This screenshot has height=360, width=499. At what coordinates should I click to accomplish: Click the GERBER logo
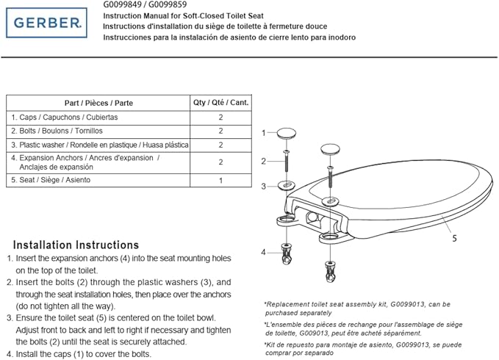point(46,23)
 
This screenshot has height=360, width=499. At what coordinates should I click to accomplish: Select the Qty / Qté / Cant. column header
point(221,102)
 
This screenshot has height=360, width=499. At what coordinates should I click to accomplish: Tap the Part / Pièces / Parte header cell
point(98,103)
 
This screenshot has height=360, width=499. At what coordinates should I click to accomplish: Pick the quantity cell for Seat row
point(221,180)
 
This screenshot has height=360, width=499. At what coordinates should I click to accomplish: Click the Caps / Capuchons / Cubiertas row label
point(65,118)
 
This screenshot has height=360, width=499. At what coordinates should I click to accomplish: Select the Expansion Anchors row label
point(85,162)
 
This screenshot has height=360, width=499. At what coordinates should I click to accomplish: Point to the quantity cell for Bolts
point(221,131)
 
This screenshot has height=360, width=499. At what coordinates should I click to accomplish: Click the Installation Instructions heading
point(76,245)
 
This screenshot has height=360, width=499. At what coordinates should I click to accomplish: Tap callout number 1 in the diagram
point(264,133)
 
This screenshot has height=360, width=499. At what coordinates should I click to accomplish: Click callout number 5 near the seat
point(454,238)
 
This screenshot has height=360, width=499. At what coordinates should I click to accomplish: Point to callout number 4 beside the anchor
point(263,253)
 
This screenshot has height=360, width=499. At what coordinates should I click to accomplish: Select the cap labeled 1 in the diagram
point(287,133)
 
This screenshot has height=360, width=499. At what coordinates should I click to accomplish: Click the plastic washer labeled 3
point(287,185)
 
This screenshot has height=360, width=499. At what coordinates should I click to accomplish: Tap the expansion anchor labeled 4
point(287,253)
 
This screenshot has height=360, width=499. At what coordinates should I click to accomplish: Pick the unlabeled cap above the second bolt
point(330,149)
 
